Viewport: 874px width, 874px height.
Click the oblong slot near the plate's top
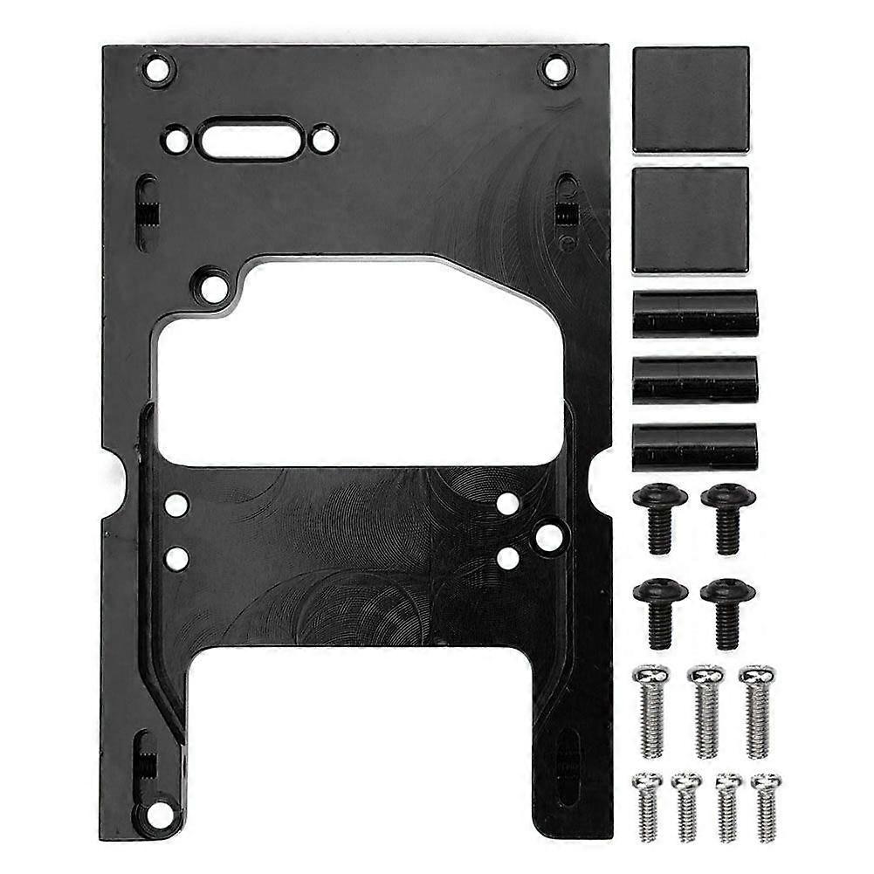250,140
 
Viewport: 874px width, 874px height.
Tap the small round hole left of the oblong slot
176,139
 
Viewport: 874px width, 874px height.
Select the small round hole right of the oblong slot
323,139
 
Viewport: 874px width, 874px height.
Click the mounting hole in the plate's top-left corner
157,68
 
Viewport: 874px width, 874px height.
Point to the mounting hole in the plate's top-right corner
555,68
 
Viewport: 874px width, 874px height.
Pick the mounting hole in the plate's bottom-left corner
159,815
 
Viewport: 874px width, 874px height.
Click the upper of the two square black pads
691,99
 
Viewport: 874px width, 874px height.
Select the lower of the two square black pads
691,219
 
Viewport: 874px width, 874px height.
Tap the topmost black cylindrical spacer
695,314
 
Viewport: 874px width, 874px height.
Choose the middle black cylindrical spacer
695,380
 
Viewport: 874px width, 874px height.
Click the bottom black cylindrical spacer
695,446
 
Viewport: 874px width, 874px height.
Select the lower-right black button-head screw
727,612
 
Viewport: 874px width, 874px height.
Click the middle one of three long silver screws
706,711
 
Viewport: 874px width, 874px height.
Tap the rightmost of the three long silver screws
758,711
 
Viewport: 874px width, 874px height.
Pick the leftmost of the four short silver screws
647,805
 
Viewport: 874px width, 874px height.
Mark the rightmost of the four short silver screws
767,805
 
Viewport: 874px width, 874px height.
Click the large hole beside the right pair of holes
549,537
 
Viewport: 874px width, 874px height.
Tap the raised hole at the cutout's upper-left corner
212,286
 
